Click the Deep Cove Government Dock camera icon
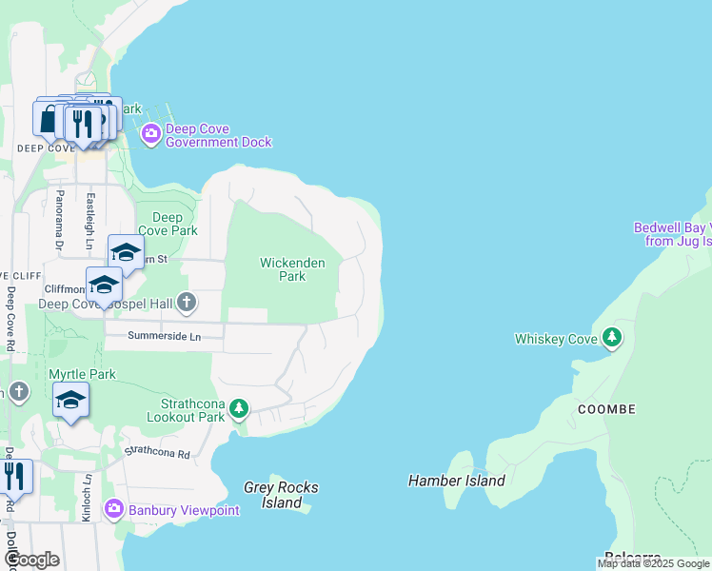click(150, 133)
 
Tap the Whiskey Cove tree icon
click(614, 338)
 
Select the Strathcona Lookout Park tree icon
click(239, 409)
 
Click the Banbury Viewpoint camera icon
click(114, 509)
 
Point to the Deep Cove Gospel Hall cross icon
click(187, 304)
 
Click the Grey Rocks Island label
click(281, 495)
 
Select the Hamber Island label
click(457, 481)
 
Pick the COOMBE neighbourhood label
click(605, 409)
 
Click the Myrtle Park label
click(82, 374)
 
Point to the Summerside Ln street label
click(165, 336)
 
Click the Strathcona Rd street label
click(158, 453)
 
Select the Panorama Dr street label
click(59, 221)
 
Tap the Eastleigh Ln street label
click(89, 222)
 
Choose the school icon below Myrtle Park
click(70, 401)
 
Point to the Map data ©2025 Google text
click(653, 563)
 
